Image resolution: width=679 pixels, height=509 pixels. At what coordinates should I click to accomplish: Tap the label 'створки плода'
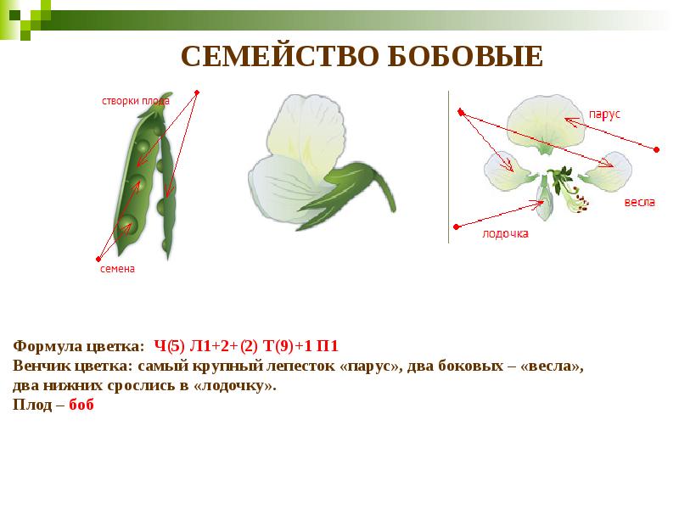136,100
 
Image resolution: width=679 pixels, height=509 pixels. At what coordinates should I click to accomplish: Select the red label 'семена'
118,269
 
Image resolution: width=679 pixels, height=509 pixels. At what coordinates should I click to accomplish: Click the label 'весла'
639,203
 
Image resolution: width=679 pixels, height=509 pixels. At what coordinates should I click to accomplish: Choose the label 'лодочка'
505,232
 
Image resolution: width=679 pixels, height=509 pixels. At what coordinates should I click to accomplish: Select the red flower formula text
247,346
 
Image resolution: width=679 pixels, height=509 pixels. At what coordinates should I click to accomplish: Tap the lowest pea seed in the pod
128,224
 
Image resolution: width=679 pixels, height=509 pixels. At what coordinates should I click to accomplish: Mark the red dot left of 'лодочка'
457,227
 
